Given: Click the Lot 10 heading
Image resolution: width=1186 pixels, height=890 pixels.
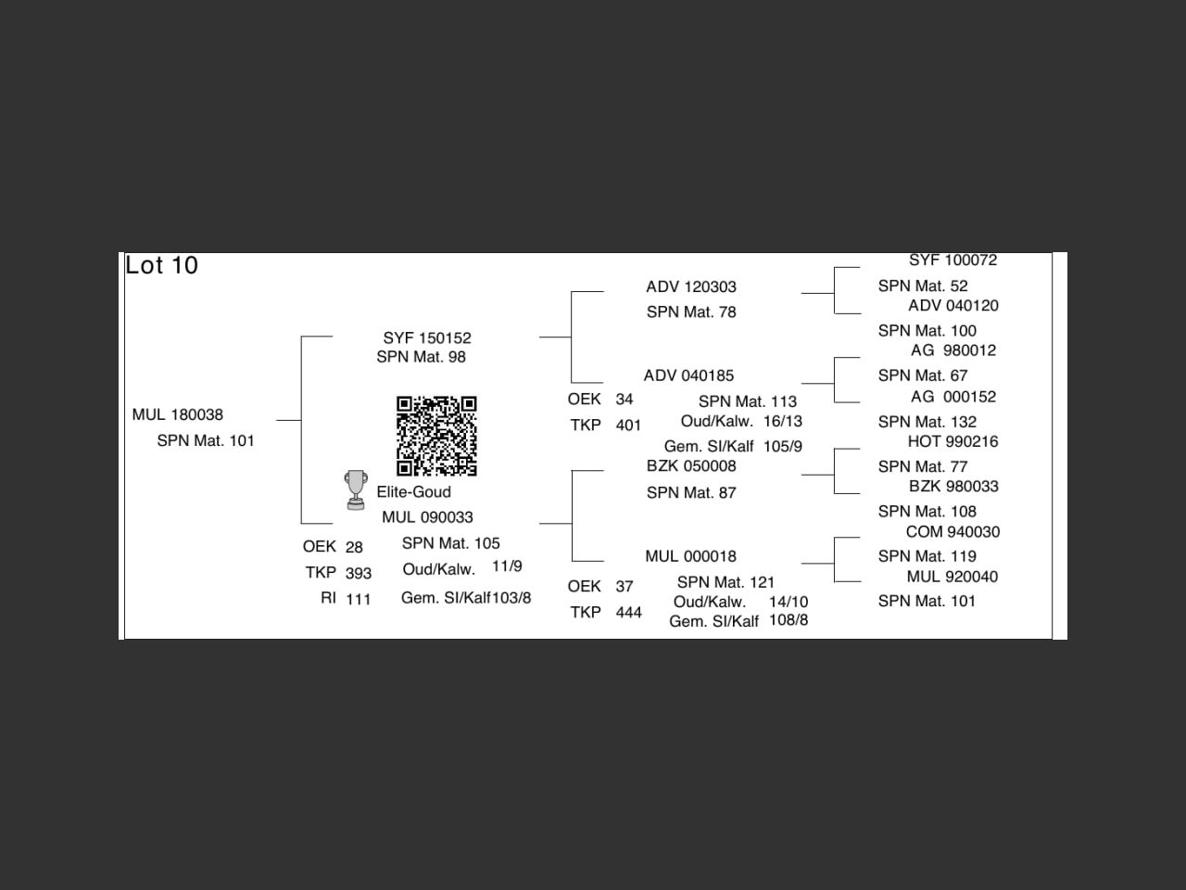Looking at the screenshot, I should pos(162,265).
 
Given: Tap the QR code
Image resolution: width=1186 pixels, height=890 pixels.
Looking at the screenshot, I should pos(436,436).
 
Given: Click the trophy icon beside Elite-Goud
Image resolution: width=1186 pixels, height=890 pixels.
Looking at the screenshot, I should pos(355,489).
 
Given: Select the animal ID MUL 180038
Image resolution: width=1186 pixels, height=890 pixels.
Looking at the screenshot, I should pos(178,414).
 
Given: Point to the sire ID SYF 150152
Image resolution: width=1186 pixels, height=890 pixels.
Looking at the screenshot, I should pos(427,338).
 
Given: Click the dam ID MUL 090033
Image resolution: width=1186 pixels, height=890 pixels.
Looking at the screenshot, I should pos(427,517).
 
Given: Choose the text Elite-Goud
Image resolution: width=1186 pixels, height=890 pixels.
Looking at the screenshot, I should pos(413,492).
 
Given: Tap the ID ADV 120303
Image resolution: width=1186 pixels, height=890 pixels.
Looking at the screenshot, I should pos(691,287).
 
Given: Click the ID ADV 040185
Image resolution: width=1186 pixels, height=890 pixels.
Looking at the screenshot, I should pos(688,375).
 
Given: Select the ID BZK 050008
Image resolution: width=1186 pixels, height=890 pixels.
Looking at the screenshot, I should pos(691,466).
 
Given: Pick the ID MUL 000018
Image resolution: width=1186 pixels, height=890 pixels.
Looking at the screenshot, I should pos(690,556).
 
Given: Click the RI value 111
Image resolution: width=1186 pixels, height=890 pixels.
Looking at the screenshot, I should pos(359,599).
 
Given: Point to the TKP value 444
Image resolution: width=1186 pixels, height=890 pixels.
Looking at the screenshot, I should pos(628,612).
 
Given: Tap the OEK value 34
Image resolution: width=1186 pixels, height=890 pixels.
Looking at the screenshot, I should pos(625,400).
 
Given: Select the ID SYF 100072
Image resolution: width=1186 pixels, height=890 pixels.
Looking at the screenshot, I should pos(953,261).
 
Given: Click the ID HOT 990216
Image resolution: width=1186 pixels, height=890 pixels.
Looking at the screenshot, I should pos(953,442).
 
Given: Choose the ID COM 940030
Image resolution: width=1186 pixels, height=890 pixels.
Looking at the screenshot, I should pos(953,532).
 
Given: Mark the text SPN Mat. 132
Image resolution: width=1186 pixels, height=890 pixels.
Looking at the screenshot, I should pos(927,422).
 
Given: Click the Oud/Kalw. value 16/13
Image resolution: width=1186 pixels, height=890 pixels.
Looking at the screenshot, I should pos(783,421).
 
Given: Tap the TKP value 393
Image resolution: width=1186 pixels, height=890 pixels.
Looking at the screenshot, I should pos(359,573).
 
